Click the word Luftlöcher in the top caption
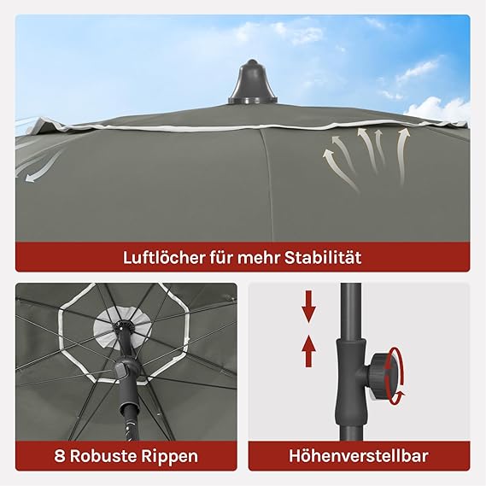point(163,258)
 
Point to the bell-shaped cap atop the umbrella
point(253,82)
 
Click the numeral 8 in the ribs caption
point(59,456)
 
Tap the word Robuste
point(103,456)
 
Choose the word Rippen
point(170,457)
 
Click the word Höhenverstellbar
point(359,456)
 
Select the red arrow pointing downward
point(308,307)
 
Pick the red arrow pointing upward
point(308,352)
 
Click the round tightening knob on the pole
point(384,375)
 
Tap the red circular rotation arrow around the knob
point(398,377)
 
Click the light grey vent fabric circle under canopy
point(124,329)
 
